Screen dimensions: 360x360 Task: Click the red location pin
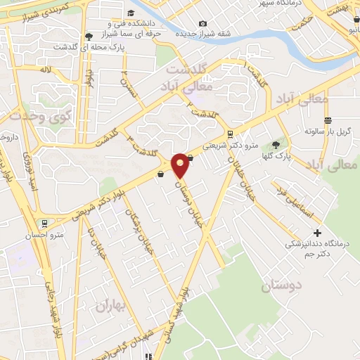[x=180, y=165]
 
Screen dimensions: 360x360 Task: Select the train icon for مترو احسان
[x=46, y=224]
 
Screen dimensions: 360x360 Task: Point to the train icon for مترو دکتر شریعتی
[x=230, y=135]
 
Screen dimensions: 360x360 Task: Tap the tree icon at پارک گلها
[x=284, y=145]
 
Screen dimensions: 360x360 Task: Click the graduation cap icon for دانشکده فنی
[x=131, y=13]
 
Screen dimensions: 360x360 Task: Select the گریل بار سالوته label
[x=328, y=131]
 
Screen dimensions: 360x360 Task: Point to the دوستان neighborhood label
[x=281, y=285]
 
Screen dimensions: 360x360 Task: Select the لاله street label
[x=46, y=70]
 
